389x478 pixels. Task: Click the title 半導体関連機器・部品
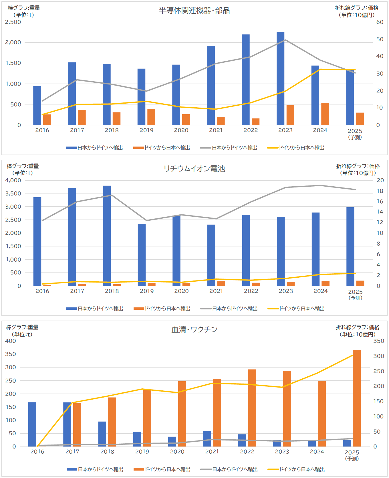click(x=194, y=11)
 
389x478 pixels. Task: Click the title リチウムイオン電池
click(x=194, y=169)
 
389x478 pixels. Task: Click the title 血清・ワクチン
click(x=194, y=329)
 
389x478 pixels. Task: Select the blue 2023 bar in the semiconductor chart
click(x=280, y=79)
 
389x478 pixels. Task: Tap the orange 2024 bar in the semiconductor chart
click(x=325, y=114)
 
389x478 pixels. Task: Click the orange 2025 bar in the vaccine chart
click(x=357, y=398)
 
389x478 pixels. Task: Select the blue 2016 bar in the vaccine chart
click(x=32, y=424)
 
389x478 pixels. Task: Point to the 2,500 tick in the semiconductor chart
click(x=13, y=22)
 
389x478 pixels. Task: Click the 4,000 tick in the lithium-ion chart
click(x=13, y=180)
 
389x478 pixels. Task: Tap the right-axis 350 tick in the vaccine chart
click(x=379, y=341)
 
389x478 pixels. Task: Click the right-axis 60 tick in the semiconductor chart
click(x=380, y=22)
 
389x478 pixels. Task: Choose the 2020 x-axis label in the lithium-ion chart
click(x=181, y=291)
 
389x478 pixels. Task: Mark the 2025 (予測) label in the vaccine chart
click(x=352, y=455)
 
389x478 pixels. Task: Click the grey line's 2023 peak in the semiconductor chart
click(x=285, y=40)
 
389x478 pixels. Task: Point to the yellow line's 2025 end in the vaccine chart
click(x=352, y=355)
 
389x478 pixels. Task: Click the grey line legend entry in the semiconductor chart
click(x=229, y=148)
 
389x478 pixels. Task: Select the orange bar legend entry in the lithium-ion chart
click(x=162, y=309)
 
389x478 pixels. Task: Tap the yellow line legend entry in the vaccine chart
click(x=296, y=469)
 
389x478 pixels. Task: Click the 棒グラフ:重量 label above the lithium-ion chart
click(x=23, y=166)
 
